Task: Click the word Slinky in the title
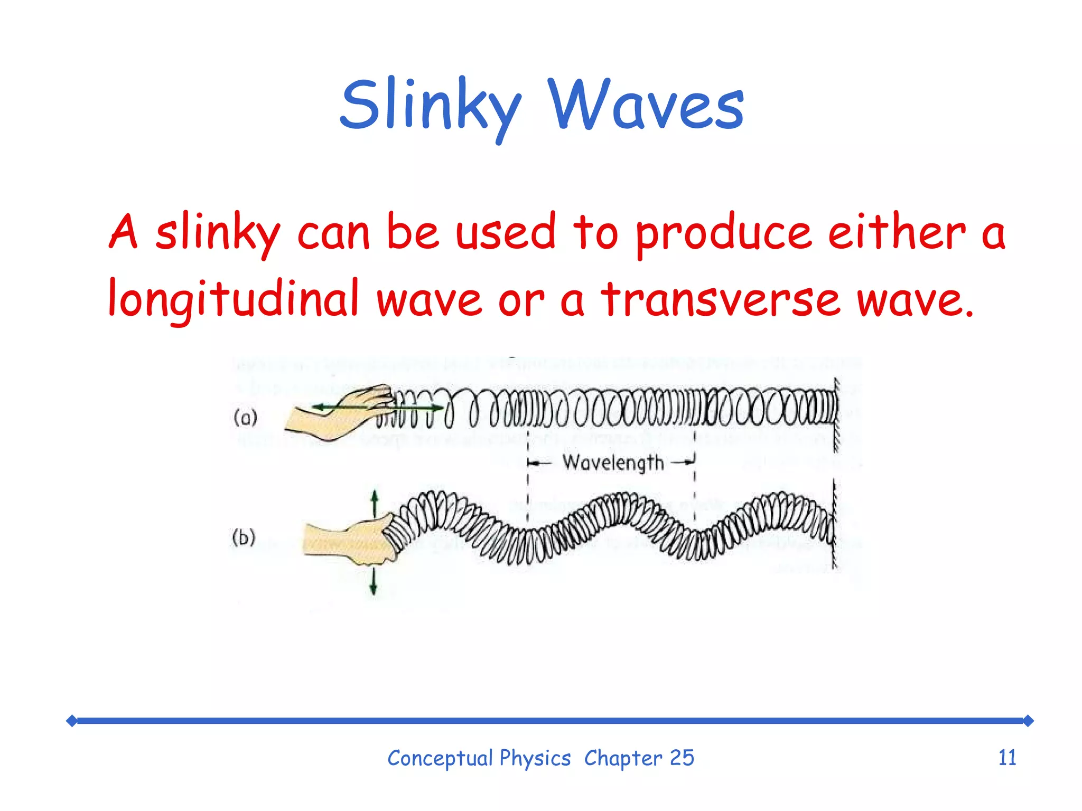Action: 431,106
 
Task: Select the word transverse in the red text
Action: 721,299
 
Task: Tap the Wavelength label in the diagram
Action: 613,463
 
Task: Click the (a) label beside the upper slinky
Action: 245,418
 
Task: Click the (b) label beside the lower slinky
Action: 244,537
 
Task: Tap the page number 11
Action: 1007,758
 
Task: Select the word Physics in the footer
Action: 535,759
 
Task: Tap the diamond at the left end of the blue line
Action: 72,721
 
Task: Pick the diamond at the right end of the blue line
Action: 1028,721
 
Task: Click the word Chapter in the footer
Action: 623,759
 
